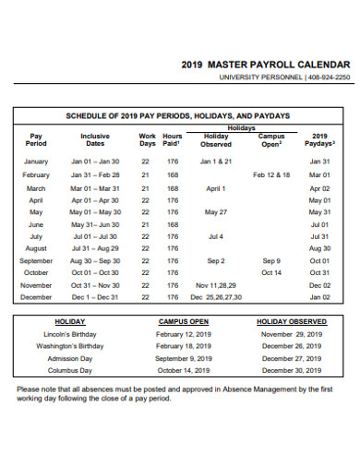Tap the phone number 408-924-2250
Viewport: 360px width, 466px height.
330,78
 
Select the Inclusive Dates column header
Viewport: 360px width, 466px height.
95,139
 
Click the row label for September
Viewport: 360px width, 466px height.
36,261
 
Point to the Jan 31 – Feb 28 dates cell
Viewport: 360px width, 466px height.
95,174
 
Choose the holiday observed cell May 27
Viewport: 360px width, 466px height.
216,211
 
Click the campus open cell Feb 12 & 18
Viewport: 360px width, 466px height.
271,174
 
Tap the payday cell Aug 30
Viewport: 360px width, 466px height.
319,248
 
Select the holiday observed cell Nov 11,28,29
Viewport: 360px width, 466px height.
216,285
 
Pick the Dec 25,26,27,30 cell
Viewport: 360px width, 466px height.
216,298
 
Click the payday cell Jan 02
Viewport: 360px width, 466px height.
319,298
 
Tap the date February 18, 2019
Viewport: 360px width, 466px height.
184,346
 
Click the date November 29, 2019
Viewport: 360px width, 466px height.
290,334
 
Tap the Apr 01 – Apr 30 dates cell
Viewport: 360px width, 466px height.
95,199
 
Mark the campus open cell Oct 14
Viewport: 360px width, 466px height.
271,273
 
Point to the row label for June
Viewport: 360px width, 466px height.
36,224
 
